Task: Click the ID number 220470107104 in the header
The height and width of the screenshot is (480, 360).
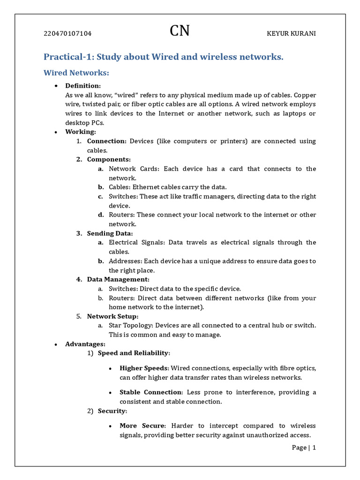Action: pos(67,34)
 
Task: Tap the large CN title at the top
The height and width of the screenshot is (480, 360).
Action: pos(180,31)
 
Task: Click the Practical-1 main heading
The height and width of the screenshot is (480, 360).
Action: pos(164,57)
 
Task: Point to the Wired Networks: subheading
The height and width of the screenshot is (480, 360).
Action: pos(76,73)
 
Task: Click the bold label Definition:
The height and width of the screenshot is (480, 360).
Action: pos(83,86)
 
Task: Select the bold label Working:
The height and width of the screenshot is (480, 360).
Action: pos(81,132)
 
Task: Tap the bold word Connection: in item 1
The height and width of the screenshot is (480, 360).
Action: pos(107,141)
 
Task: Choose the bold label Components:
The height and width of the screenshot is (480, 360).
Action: pos(109,159)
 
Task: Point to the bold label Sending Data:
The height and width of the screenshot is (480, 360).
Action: pos(110,233)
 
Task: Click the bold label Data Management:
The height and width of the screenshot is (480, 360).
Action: pos(118,279)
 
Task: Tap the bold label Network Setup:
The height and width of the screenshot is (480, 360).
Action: pos(112,316)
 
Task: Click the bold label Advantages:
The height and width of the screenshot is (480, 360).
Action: pos(85,344)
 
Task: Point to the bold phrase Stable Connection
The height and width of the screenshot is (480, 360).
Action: pos(150,392)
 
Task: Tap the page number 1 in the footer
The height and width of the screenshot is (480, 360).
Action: pos(314,448)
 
